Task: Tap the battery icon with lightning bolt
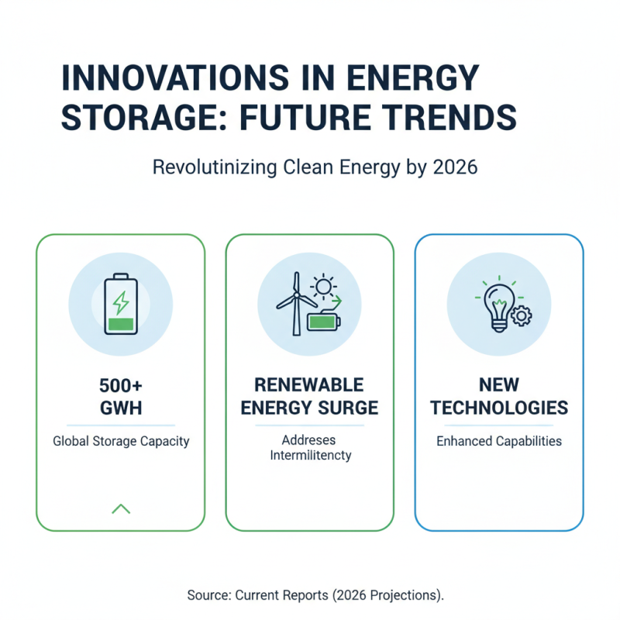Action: click(x=121, y=304)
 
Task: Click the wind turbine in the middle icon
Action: click(x=294, y=301)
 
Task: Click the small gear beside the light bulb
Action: click(x=520, y=315)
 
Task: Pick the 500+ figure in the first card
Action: click(x=121, y=386)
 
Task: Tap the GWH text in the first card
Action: click(x=121, y=408)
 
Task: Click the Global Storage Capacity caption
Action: click(x=121, y=441)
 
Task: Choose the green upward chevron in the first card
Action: click(x=121, y=508)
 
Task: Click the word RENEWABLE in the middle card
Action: click(x=310, y=386)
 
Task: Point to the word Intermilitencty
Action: click(x=310, y=455)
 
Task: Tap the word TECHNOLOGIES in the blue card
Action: click(x=499, y=408)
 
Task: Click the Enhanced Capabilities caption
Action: click(x=499, y=441)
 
